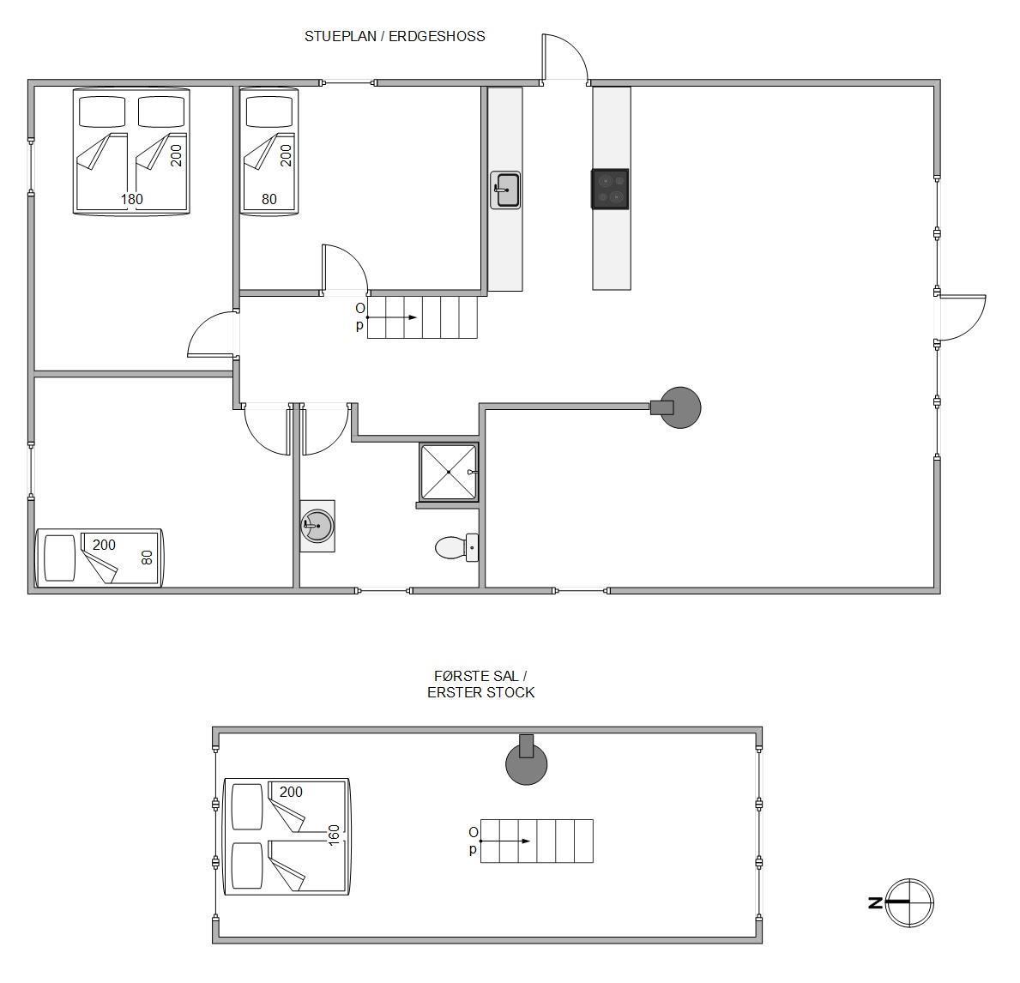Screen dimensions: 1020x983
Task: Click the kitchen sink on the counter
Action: click(505, 190)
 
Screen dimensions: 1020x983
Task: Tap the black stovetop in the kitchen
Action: click(610, 190)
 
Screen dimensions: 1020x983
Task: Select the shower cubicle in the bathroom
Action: click(449, 473)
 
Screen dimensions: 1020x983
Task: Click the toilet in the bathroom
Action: click(456, 548)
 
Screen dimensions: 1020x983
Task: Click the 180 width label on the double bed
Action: click(131, 199)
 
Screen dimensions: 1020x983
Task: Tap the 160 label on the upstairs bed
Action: click(334, 835)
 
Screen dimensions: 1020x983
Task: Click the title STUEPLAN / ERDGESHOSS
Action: click(395, 36)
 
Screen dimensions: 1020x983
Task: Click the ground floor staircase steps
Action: click(423, 317)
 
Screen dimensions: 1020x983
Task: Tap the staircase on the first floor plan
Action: click(537, 841)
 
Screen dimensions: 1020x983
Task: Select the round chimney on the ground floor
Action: click(680, 407)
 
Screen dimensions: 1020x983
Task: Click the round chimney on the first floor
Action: click(526, 762)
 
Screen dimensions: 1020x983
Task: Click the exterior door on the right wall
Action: click(963, 317)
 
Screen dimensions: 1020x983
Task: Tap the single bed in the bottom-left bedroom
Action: click(99, 558)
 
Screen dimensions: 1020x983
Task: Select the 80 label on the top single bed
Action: click(269, 199)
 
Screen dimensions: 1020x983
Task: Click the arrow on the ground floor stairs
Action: click(391, 317)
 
